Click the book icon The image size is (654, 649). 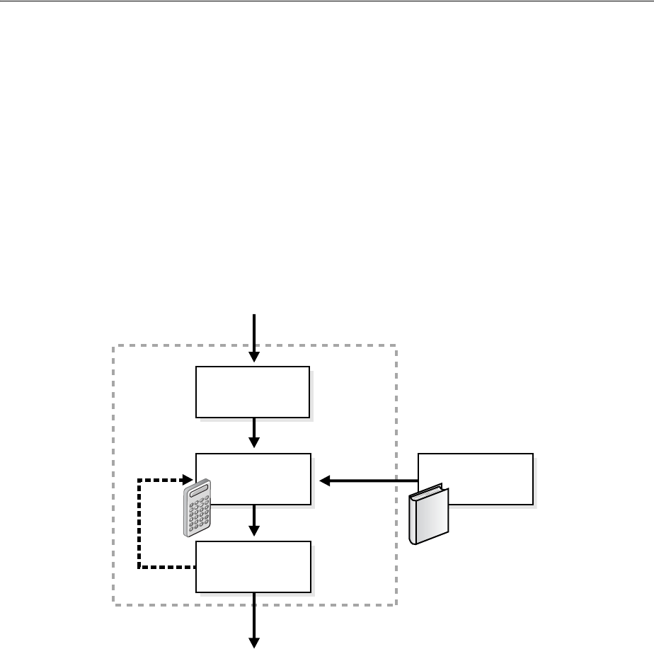click(429, 515)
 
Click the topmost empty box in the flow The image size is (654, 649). click(253, 392)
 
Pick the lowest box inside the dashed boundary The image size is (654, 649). click(253, 566)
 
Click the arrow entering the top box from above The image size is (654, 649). click(253, 336)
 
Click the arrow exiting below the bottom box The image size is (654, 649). click(253, 620)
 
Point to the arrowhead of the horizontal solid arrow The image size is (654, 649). click(326, 481)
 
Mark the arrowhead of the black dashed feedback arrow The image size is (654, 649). click(189, 480)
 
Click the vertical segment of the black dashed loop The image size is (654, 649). click(139, 524)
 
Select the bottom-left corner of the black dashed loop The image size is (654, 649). click(139, 568)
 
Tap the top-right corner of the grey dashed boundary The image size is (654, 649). click(395, 345)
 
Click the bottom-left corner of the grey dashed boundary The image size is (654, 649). click(114, 604)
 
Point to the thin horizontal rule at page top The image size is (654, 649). click(327, 1)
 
